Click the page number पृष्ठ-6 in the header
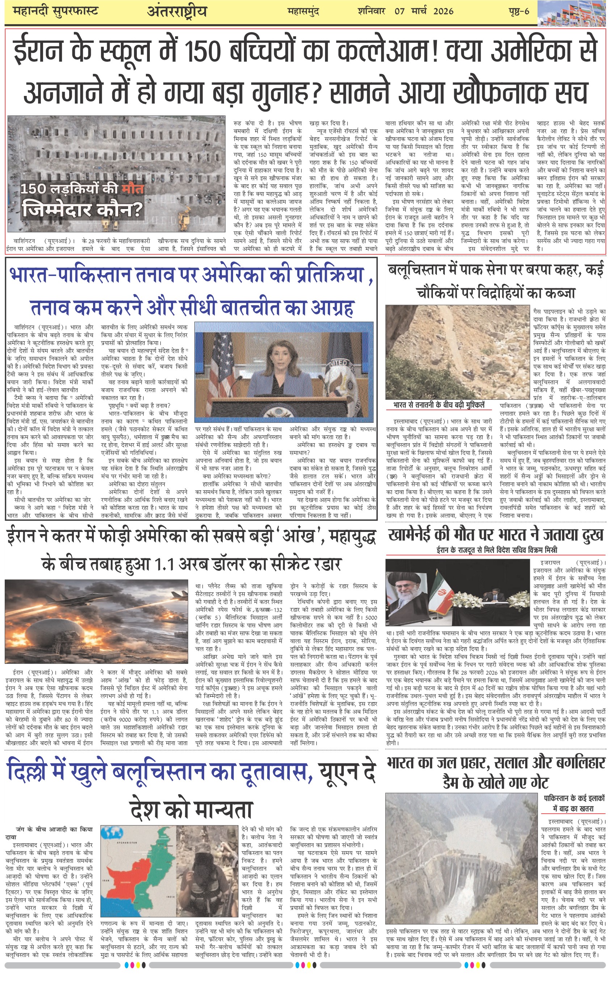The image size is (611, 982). pyautogui.click(x=518, y=11)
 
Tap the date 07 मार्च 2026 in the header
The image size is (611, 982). pyautogui.click(x=424, y=11)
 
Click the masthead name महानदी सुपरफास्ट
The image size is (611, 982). pyautogui.click(x=56, y=11)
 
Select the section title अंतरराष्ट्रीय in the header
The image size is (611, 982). pyautogui.click(x=177, y=12)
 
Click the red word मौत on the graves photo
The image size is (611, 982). pyautogui.click(x=132, y=188)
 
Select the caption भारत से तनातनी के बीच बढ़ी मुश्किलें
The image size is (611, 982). pyautogui.click(x=438, y=405)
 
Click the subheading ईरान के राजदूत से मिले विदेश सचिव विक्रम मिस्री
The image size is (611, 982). pyautogui.click(x=497, y=550)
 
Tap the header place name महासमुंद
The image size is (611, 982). pyautogui.click(x=303, y=11)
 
